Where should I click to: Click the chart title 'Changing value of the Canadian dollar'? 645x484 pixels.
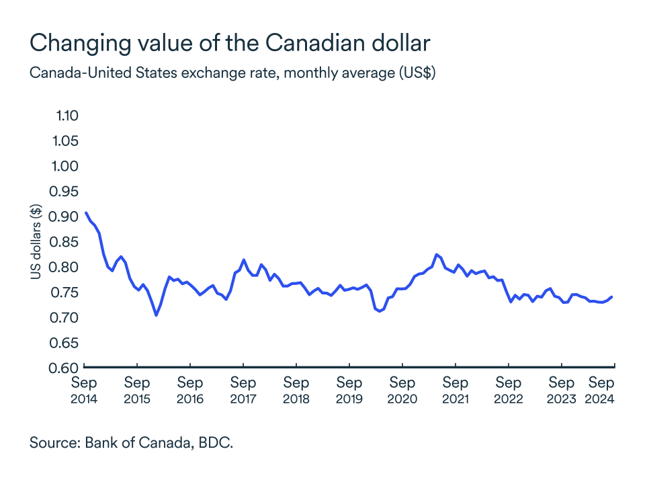(x=230, y=43)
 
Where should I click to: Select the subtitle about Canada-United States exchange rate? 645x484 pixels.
(x=232, y=73)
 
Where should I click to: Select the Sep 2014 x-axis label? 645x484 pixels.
(x=84, y=390)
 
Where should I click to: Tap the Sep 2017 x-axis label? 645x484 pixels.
(x=243, y=390)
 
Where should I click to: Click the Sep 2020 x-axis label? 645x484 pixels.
(x=402, y=390)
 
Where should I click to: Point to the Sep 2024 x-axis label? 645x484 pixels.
(x=603, y=390)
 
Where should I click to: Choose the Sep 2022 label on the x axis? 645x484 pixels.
(x=508, y=390)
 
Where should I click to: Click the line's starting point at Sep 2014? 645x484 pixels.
(x=85, y=212)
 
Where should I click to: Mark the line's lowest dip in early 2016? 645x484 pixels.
(x=156, y=315)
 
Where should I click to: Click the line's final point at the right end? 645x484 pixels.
(x=612, y=297)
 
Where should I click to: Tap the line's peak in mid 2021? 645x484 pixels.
(x=437, y=254)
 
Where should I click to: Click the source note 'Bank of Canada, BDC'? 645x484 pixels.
(x=131, y=443)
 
